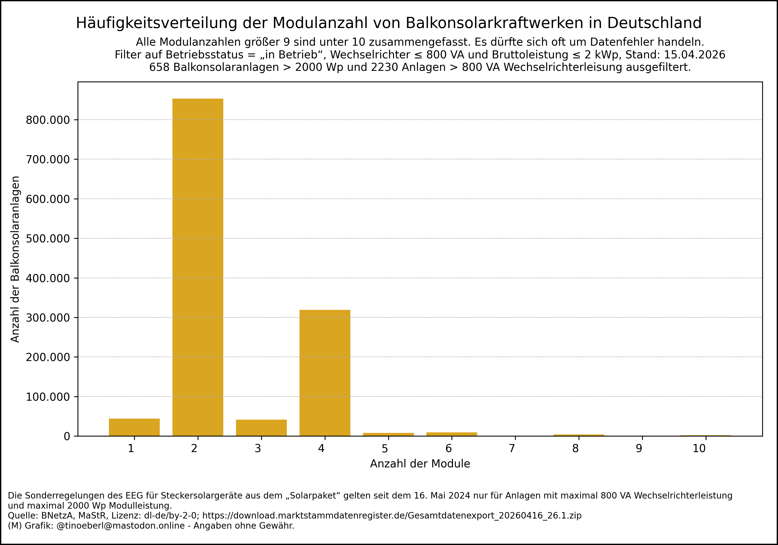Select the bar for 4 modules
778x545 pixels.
click(x=325, y=373)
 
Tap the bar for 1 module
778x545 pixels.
click(x=134, y=427)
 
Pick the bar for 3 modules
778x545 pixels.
click(x=261, y=428)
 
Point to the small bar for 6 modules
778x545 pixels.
click(x=452, y=434)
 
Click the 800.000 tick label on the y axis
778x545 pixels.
click(x=48, y=120)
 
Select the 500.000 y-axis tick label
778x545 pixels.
click(x=48, y=239)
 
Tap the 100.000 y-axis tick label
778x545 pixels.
click(x=48, y=397)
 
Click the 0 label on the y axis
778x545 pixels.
click(x=67, y=437)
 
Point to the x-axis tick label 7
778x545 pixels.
click(x=512, y=449)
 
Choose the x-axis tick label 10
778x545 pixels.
click(x=699, y=449)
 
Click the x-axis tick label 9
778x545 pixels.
click(x=639, y=449)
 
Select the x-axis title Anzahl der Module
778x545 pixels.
click(x=420, y=464)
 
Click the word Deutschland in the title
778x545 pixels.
click(x=654, y=23)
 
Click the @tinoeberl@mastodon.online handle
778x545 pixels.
click(x=121, y=526)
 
